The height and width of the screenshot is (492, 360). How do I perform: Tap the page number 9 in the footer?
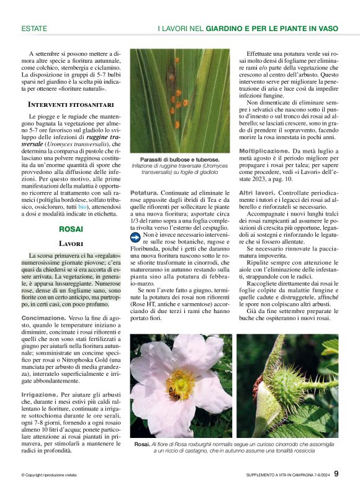[x=336, y=474]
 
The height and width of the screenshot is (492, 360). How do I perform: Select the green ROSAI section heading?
[x=63, y=229]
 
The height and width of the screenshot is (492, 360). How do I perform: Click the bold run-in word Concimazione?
[x=43, y=318]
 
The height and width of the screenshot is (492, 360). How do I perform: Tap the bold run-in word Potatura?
[x=143, y=193]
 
